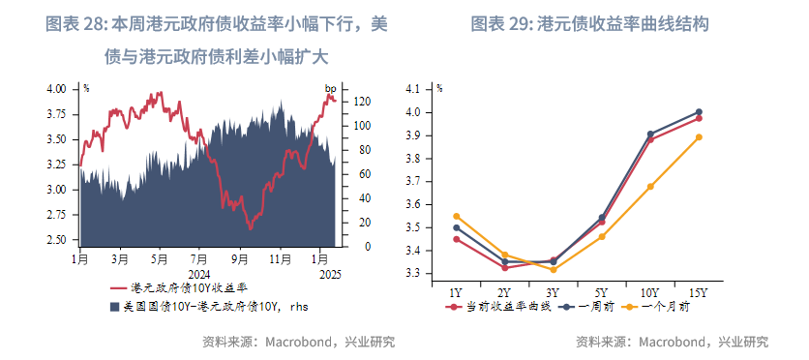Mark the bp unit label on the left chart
[x=330, y=89]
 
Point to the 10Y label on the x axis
[x=649, y=292]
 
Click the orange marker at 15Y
[x=699, y=136]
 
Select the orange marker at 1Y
[x=457, y=216]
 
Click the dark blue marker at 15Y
[x=699, y=111]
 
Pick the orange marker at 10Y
[x=650, y=186]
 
